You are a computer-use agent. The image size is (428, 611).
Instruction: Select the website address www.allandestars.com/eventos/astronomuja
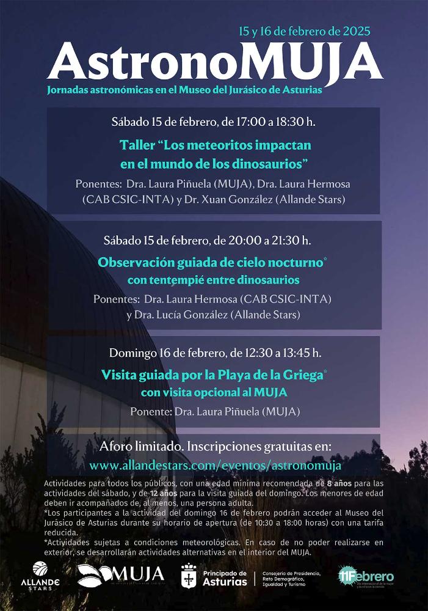pos(215,465)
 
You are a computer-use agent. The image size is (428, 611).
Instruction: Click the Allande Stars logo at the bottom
pos(40,575)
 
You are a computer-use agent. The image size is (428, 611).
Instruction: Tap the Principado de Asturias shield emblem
pos(189,576)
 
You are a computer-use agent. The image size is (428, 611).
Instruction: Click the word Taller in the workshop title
pos(137,145)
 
